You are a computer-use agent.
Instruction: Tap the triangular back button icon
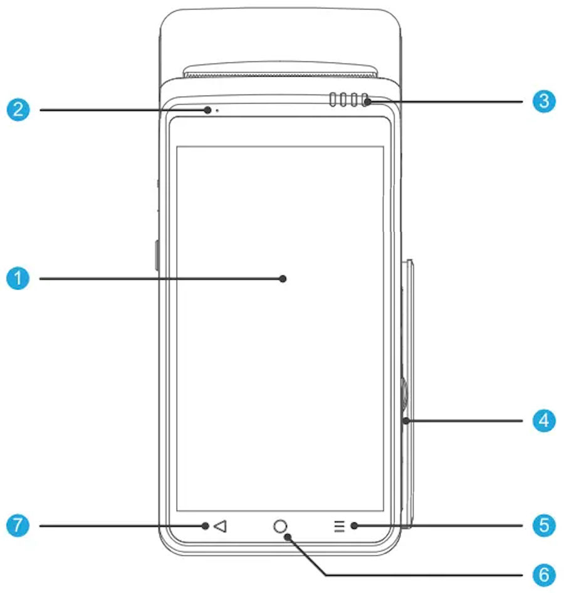tap(219, 526)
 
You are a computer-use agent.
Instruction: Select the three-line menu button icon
tap(339, 526)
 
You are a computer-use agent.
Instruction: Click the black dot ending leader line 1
tap(283, 279)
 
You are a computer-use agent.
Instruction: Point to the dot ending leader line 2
tap(207, 110)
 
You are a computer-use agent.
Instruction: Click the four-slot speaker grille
tap(348, 101)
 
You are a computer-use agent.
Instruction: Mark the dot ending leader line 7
tap(206, 526)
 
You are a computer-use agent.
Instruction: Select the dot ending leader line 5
tap(354, 526)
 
